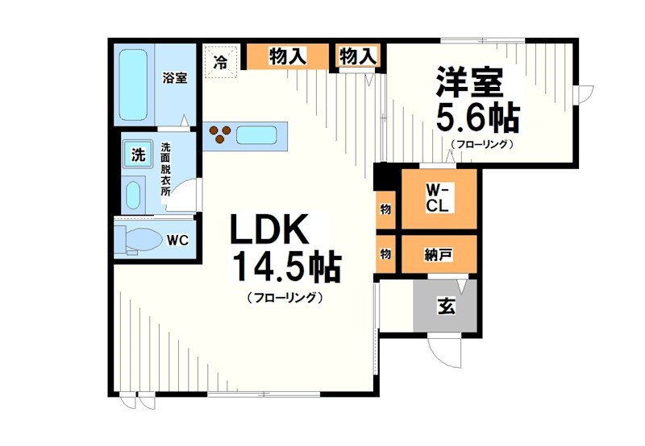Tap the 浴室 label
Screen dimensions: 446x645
point(175,78)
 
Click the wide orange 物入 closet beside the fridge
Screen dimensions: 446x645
point(288,56)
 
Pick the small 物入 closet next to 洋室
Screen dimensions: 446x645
point(358,56)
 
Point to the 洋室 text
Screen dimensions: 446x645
point(471,83)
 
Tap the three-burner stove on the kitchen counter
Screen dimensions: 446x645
point(221,134)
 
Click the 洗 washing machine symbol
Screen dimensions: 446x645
point(138,155)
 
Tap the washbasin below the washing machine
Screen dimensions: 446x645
point(135,194)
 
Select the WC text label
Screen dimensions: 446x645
point(178,240)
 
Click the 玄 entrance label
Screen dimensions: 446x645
point(444,305)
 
